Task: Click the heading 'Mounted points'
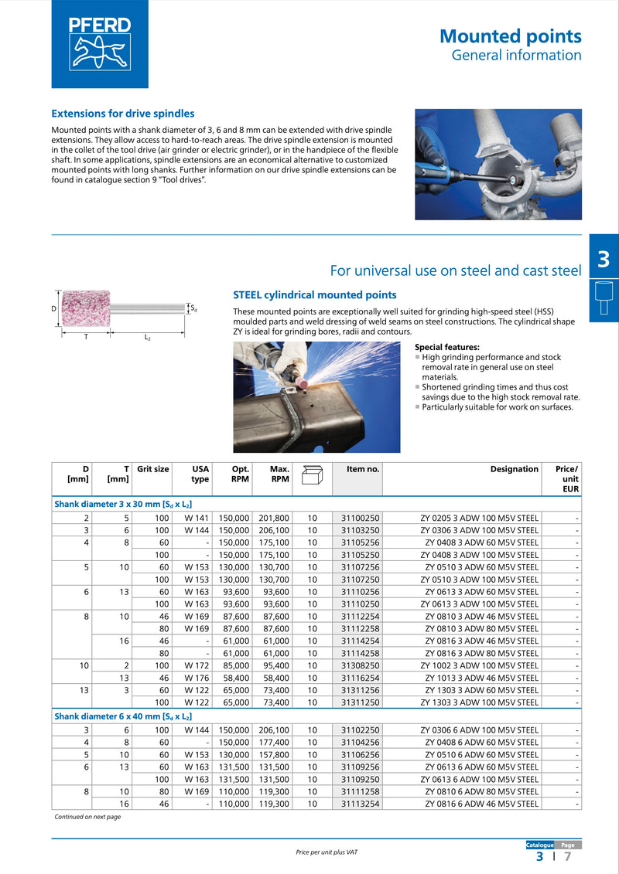pyautogui.click(x=510, y=36)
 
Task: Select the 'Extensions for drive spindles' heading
pyautogui.click(x=122, y=114)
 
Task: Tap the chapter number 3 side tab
pyautogui.click(x=604, y=260)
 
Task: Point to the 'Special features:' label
pyautogui.click(x=447, y=347)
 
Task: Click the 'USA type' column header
pyautogui.click(x=200, y=474)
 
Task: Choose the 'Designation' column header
pyautogui.click(x=514, y=469)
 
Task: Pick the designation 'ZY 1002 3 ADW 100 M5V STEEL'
pyautogui.click(x=480, y=665)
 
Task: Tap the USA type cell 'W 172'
pyautogui.click(x=197, y=665)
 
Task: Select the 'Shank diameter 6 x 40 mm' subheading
pyautogui.click(x=123, y=716)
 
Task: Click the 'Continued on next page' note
pyautogui.click(x=87, y=817)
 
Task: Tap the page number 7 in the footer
pyautogui.click(x=567, y=856)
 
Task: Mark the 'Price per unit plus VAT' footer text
pyautogui.click(x=327, y=852)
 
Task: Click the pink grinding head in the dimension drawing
pyautogui.click(x=87, y=308)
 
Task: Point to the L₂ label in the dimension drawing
pyautogui.click(x=146, y=338)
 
